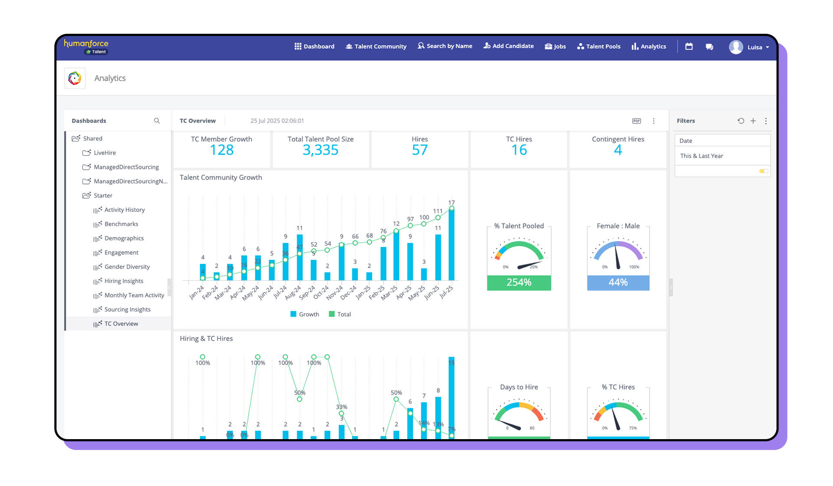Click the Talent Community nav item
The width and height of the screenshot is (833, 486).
(376, 46)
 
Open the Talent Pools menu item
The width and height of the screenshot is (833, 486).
(599, 46)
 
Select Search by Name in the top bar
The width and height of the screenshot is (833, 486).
(445, 46)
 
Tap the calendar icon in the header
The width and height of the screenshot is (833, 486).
(689, 46)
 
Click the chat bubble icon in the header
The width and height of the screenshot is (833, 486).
(709, 47)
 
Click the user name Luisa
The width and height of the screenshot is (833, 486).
(754, 47)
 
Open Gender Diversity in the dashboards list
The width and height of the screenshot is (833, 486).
(127, 267)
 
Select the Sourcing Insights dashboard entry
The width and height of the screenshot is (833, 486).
(127, 309)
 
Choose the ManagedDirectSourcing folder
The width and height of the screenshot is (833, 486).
(126, 167)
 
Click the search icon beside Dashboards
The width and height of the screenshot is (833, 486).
(157, 121)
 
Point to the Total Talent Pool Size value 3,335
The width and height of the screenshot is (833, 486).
(320, 150)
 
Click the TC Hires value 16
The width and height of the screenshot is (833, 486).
(519, 150)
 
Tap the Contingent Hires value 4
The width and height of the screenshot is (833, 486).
(618, 150)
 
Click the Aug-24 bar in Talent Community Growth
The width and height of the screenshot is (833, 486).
(299, 257)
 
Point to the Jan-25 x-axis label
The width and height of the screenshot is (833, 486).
(363, 292)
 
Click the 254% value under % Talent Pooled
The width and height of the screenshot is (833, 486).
(519, 282)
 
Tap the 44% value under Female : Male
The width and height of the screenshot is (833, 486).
(618, 282)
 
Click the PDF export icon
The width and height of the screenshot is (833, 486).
(636, 121)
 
